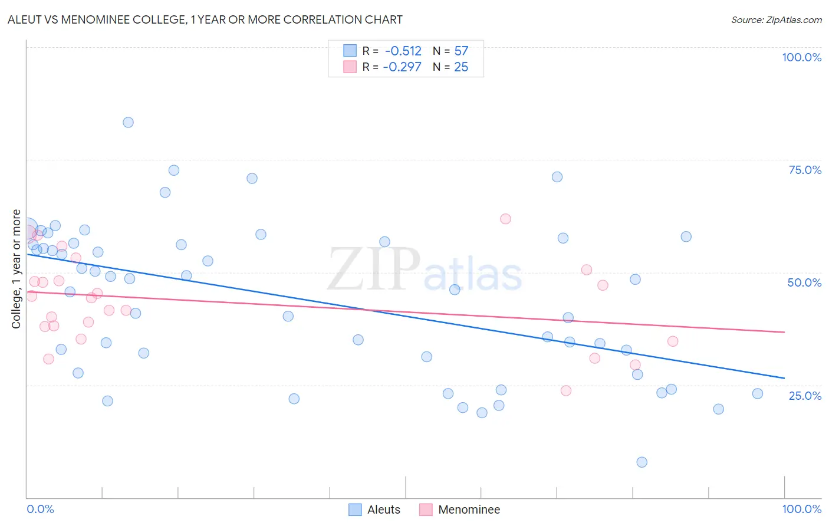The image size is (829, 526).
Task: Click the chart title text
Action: tap(205, 19)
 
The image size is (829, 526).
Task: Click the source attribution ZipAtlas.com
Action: tap(776, 19)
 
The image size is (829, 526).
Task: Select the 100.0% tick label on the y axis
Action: tap(801, 57)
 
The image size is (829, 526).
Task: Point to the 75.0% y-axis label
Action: tap(805, 170)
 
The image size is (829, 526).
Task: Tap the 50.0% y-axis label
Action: tap(804, 282)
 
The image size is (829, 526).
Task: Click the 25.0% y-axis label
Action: tap(805, 396)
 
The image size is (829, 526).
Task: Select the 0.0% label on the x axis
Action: tap(40, 509)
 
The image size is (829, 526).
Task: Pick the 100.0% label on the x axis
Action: tap(801, 509)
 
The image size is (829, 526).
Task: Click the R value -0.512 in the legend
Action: tap(403, 51)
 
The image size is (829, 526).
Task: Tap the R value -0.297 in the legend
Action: tap(402, 67)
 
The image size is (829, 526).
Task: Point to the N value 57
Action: tap(461, 51)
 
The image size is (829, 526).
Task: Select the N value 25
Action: tap(461, 67)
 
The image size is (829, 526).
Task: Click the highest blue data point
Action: tap(128, 123)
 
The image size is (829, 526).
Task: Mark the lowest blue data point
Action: tap(642, 462)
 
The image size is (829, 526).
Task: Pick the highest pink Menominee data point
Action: tap(505, 219)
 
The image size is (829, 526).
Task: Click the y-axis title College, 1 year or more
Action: tap(17, 269)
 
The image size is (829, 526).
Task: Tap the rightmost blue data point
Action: tap(758, 394)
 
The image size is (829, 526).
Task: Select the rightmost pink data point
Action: tap(673, 341)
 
